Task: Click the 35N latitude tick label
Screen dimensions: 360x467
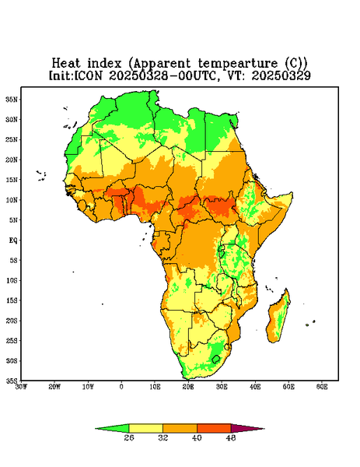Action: (12, 100)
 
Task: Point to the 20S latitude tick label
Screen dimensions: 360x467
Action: (12, 321)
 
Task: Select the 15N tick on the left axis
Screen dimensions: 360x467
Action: (12, 180)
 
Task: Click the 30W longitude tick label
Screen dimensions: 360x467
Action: (21, 387)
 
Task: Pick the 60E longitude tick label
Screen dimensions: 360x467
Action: (322, 387)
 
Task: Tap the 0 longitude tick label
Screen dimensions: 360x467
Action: (121, 387)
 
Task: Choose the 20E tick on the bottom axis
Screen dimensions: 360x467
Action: (188, 387)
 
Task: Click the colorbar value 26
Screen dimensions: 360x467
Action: (129, 437)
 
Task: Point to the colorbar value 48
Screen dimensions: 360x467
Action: (231, 437)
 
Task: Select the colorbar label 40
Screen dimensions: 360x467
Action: (197, 437)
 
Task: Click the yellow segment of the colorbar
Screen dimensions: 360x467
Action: (145, 428)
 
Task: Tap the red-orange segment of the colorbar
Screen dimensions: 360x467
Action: (214, 428)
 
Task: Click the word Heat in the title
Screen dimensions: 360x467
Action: (66, 64)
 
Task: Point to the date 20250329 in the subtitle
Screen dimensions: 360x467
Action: (281, 75)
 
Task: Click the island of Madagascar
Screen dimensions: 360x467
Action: (279, 318)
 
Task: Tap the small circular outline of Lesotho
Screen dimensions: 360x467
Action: (216, 359)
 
